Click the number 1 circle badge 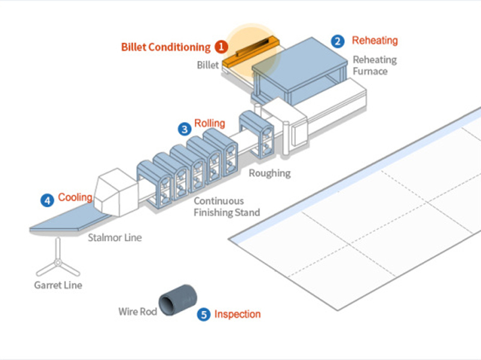tap(221, 46)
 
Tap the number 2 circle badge tap(339, 41)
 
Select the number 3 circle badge tap(184, 128)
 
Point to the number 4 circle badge tap(47, 200)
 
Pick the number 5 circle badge tap(204, 314)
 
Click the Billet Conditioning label tap(166, 47)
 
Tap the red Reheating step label tap(375, 41)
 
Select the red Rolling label tap(209, 124)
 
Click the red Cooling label tap(75, 197)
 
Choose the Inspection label tap(237, 314)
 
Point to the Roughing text tap(270, 173)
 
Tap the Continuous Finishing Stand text tap(226, 207)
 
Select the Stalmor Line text tap(115, 237)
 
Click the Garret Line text tap(58, 285)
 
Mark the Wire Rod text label tap(137, 311)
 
